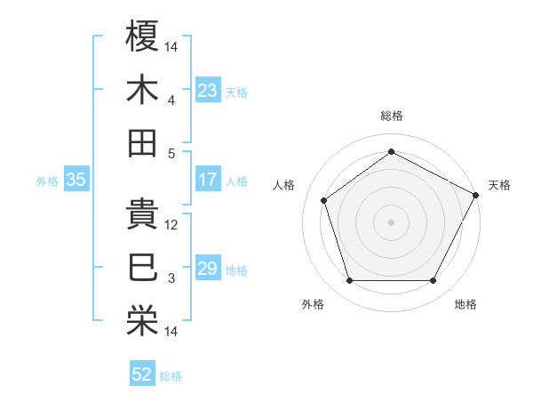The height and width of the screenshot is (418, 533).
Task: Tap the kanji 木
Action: click(x=143, y=89)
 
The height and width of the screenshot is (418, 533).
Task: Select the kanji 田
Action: click(x=143, y=142)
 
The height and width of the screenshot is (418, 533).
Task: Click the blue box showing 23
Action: click(x=208, y=90)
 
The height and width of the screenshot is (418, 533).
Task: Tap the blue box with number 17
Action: click(x=208, y=180)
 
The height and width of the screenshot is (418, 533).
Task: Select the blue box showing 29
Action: click(x=208, y=269)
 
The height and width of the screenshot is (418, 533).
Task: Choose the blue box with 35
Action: click(x=76, y=180)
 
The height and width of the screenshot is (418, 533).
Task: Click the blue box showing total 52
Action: click(x=142, y=374)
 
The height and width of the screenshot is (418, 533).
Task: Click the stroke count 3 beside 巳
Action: click(x=171, y=278)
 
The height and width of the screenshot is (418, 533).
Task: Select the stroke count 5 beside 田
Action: click(x=171, y=152)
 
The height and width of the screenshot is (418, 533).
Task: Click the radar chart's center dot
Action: click(x=391, y=221)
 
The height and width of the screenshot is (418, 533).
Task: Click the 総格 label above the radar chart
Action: click(x=392, y=116)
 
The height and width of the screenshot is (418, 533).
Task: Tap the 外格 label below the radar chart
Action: click(x=313, y=304)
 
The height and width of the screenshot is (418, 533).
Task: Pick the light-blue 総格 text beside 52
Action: click(x=171, y=375)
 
